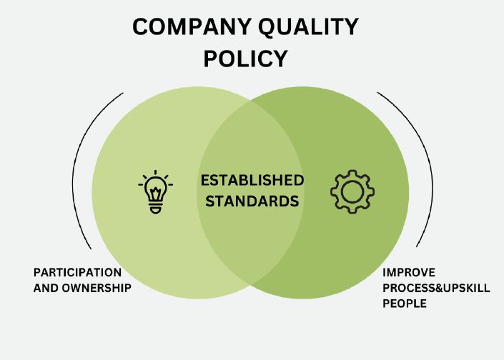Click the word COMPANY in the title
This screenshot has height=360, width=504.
point(188,27)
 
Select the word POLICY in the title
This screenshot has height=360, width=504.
point(245,59)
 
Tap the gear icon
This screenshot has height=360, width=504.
point(352,191)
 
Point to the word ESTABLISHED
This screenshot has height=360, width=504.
point(252,179)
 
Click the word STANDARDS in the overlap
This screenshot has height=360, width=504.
point(252,201)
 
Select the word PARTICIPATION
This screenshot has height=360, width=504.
point(77,272)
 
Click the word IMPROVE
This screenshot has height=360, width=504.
point(408,272)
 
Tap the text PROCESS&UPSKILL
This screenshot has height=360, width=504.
point(436,288)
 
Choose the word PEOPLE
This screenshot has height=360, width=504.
point(405,304)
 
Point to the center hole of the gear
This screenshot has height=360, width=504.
point(352,191)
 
